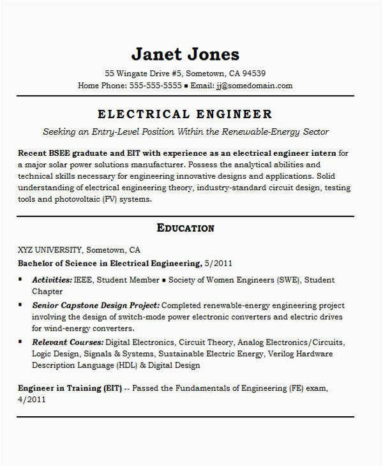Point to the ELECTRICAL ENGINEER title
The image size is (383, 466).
185,114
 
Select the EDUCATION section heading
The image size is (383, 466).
185,228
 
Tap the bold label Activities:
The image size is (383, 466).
52,280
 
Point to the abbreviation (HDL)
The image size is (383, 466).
130,366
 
